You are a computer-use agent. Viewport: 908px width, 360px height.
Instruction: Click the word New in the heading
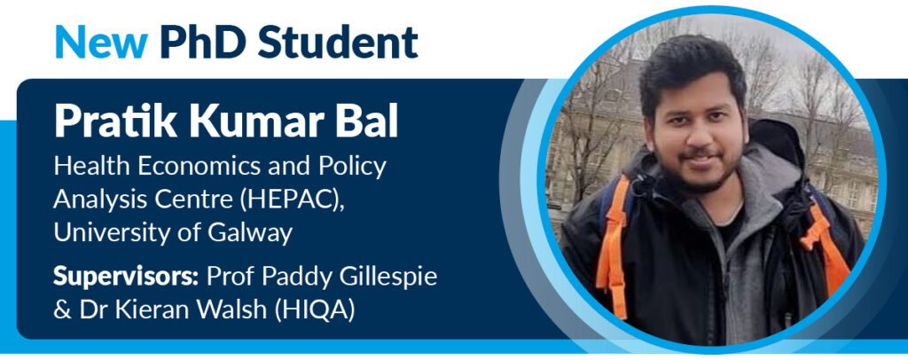pyautogui.click(x=101, y=42)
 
